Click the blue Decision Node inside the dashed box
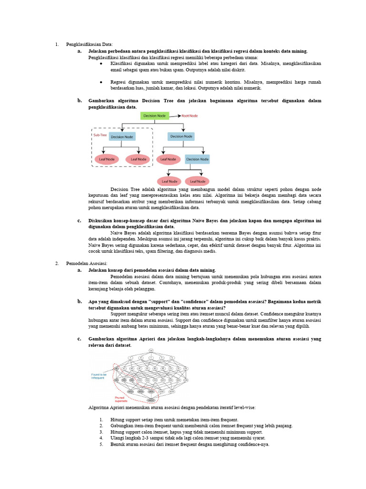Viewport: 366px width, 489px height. (122, 137)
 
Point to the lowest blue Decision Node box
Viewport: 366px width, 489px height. (197, 159)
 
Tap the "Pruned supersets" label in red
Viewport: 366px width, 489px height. (121, 399)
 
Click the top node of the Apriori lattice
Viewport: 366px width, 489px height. (151, 351)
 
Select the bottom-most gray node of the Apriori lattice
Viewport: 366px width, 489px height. (151, 399)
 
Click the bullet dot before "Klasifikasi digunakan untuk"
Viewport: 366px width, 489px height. (101, 63)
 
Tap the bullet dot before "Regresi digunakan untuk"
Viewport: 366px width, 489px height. (101, 82)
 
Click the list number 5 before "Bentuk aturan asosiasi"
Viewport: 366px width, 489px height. (101, 444)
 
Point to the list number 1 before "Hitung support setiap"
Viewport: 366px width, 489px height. (101, 419)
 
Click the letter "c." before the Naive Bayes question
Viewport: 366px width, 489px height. (80, 221)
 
